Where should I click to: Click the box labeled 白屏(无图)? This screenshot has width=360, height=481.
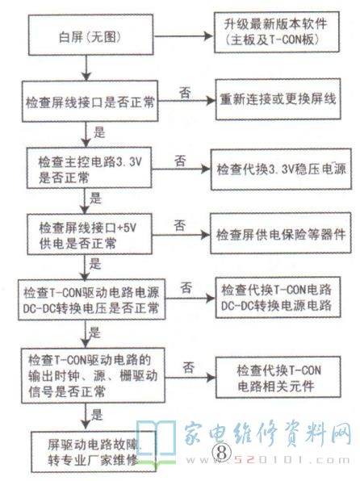91,35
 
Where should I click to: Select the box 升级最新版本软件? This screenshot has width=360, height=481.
277,32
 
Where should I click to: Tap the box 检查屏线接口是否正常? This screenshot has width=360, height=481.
90,101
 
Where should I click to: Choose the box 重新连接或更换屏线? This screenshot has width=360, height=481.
278,99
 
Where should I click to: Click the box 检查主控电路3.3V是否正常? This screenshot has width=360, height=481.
89,168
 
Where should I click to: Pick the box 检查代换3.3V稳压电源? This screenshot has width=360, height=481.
281,169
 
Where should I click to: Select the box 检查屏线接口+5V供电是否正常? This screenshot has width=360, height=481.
90,234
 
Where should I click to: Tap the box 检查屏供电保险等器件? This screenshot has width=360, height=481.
281,233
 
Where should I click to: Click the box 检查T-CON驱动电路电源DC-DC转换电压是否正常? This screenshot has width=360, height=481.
91,299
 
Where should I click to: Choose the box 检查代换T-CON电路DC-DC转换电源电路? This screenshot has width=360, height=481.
278,297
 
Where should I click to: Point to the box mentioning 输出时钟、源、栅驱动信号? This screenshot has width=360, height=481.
93,375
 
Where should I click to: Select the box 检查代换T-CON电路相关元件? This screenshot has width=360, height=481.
278,378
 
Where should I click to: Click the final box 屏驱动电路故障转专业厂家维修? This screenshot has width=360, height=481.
94,452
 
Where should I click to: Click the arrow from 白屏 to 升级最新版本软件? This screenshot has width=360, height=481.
183,36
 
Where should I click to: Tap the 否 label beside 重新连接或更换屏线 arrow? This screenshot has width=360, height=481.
185,93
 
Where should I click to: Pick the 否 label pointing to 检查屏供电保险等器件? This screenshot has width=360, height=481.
180,225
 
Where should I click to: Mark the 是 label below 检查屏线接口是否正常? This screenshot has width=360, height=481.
99,132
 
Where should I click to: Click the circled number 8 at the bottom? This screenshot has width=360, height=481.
222,452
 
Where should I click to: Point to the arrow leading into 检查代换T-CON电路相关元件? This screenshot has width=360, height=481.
190,378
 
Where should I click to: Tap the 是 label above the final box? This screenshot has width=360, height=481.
96,415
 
